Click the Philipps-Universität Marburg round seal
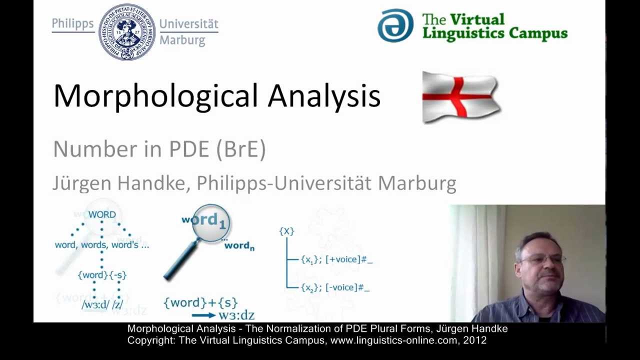(x=127, y=32)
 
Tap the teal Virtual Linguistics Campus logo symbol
(x=395, y=25)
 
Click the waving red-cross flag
(x=460, y=97)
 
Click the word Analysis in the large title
(x=324, y=96)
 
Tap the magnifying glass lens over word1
(x=210, y=222)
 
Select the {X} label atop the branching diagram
(x=286, y=231)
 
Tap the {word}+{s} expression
(x=200, y=302)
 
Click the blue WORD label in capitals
(x=102, y=214)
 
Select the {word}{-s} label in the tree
(x=102, y=275)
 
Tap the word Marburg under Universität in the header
(x=182, y=40)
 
